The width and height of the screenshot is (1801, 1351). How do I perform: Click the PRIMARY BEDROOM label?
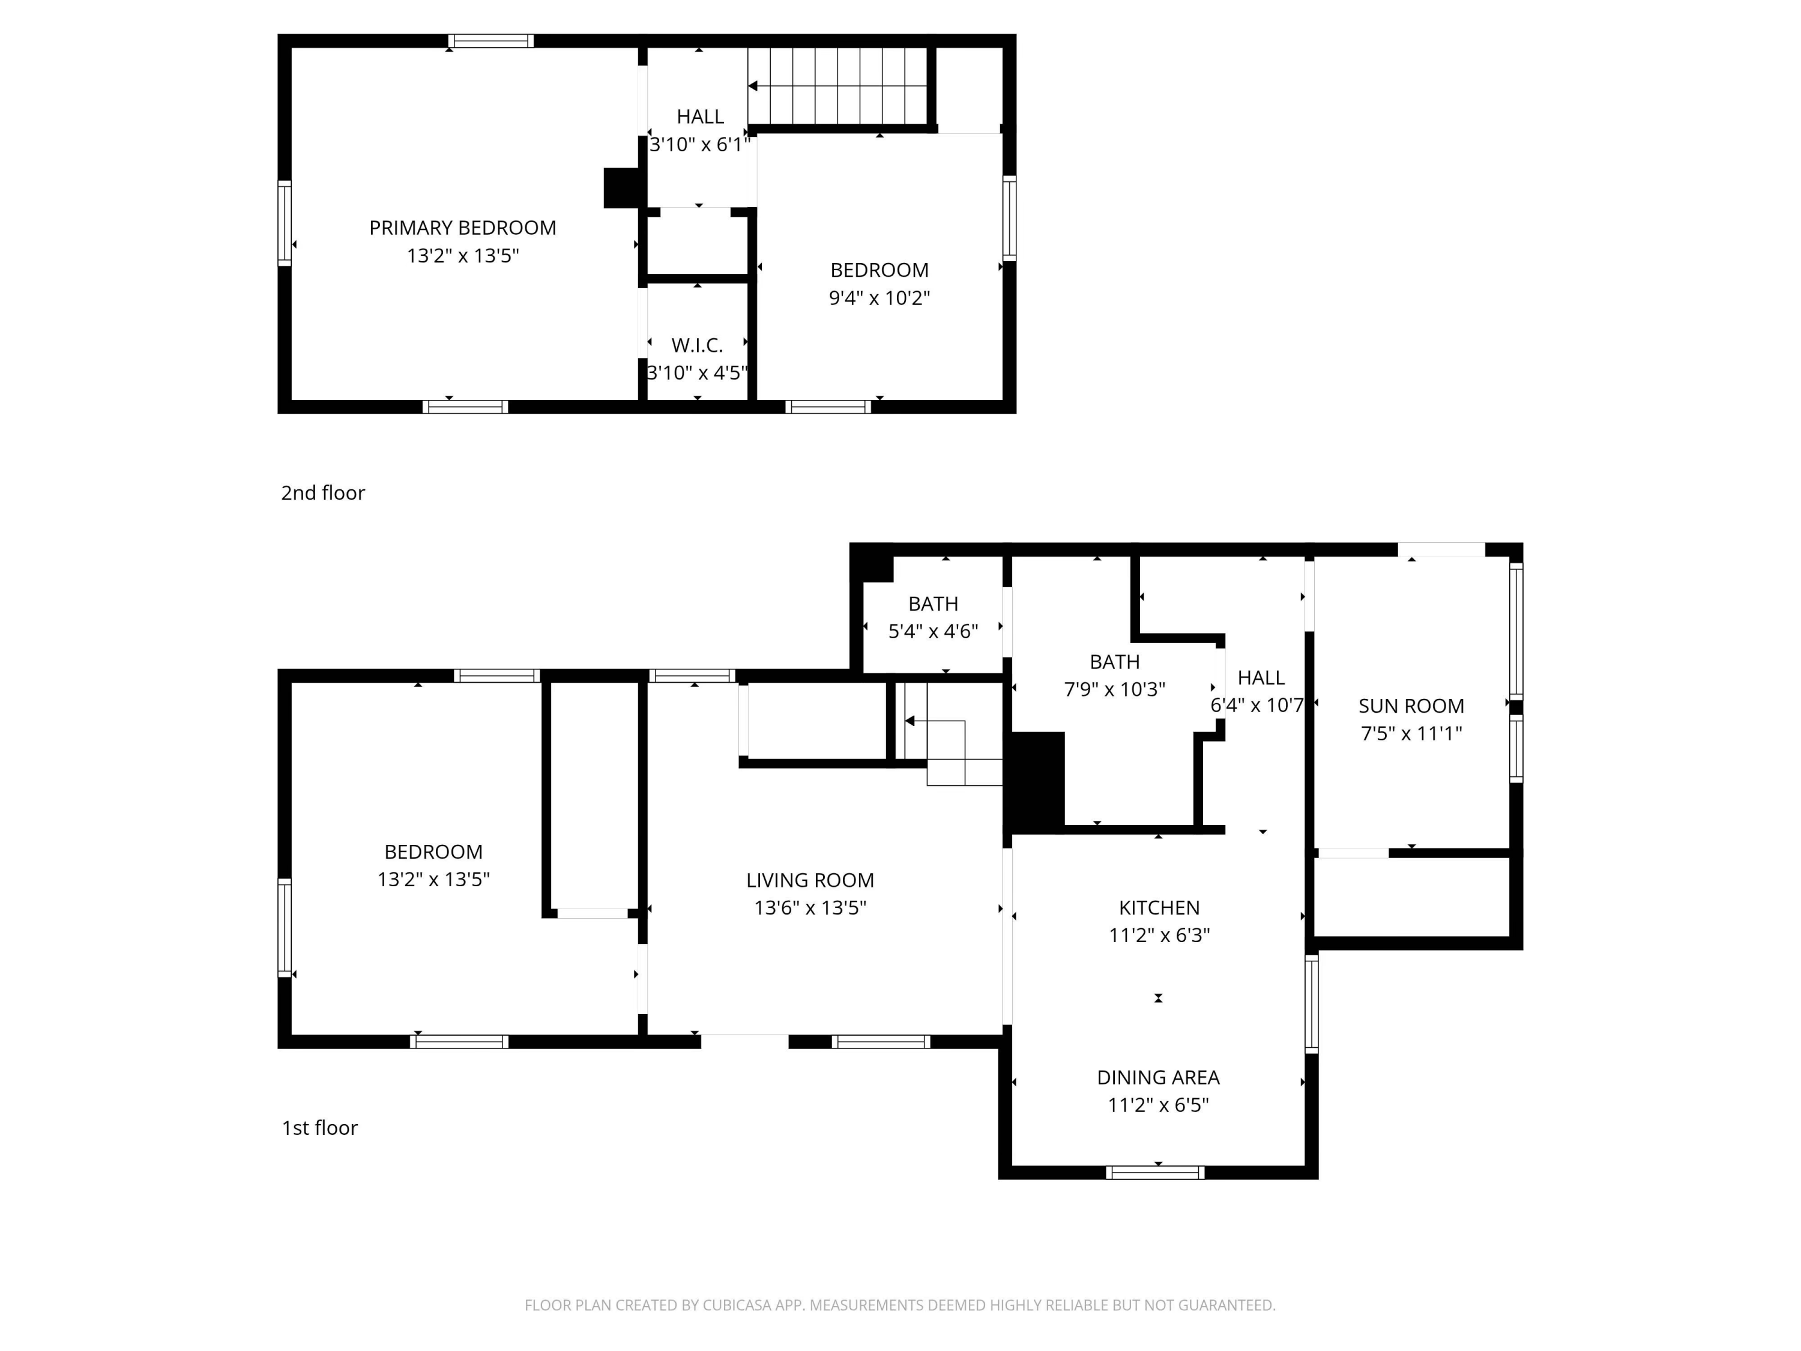click(x=462, y=228)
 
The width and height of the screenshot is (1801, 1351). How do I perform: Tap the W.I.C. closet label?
click(x=697, y=345)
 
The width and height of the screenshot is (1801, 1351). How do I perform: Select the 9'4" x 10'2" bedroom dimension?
click(x=879, y=298)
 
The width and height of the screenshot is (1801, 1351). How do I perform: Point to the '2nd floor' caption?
click(x=322, y=493)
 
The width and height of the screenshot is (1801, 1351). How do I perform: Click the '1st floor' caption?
click(x=319, y=1128)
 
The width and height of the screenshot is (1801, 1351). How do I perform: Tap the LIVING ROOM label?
click(x=810, y=880)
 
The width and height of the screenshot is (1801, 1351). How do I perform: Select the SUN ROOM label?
click(x=1411, y=706)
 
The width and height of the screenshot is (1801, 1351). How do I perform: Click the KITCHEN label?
click(x=1159, y=908)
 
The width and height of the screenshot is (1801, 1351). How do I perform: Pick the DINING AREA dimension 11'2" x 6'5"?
click(x=1158, y=1105)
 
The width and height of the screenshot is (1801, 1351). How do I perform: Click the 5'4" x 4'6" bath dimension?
click(x=933, y=631)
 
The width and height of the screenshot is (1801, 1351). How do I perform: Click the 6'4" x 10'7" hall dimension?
click(x=1257, y=706)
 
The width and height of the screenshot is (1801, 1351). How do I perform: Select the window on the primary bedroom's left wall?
click(x=284, y=223)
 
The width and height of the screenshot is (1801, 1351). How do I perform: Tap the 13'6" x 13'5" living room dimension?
click(x=810, y=908)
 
